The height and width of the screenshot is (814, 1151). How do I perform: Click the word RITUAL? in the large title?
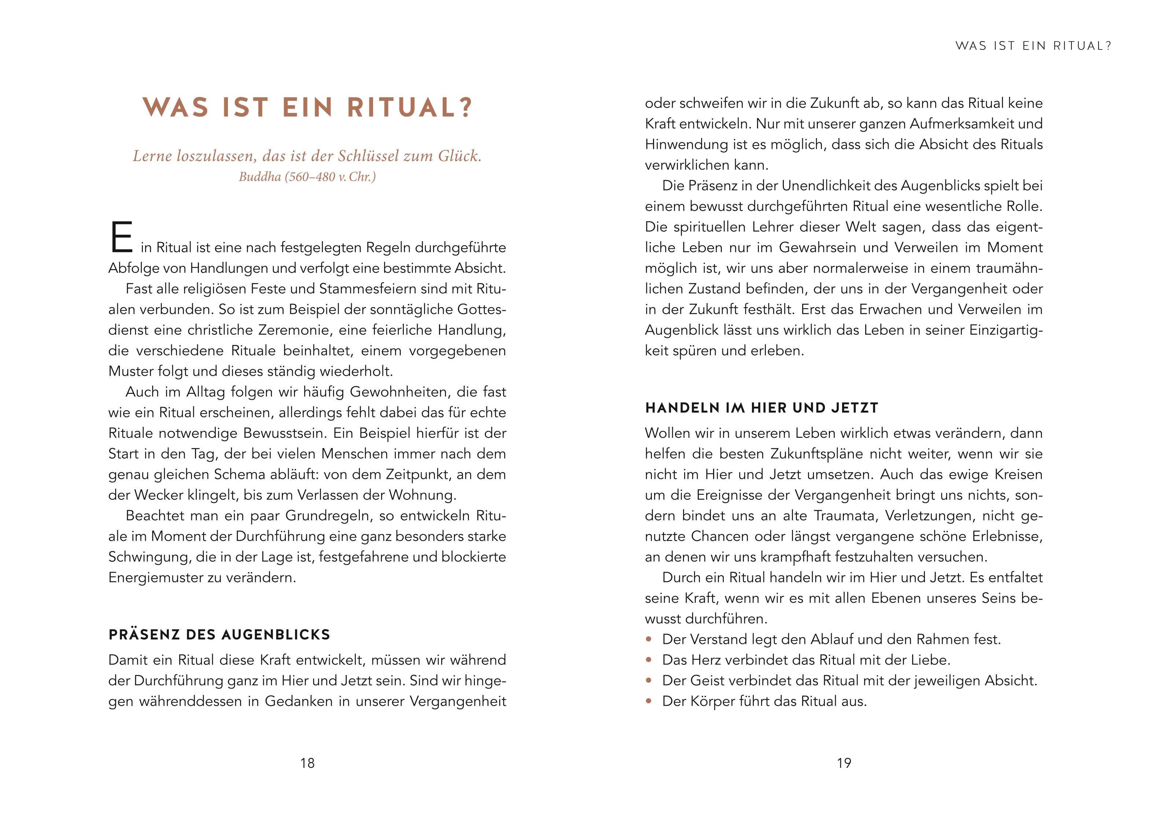point(410,107)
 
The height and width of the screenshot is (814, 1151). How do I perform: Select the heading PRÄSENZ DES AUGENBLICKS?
point(219,634)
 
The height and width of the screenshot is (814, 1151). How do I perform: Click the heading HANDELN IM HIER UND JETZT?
point(761,408)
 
